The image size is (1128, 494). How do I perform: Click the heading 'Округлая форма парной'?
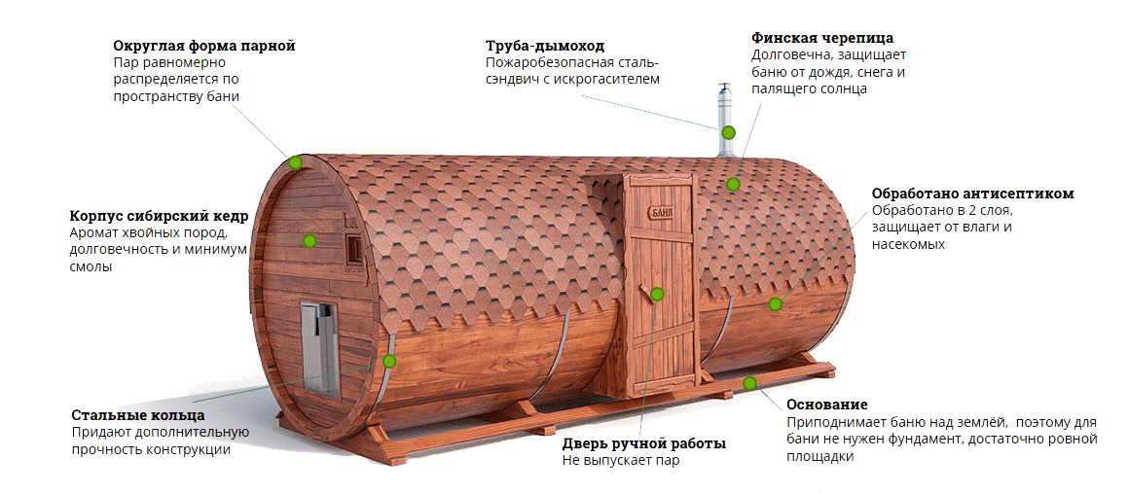click(203, 46)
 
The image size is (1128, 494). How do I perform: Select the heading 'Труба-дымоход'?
click(545, 46)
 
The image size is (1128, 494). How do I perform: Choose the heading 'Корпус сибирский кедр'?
click(159, 216)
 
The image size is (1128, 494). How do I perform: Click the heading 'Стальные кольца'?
click(138, 415)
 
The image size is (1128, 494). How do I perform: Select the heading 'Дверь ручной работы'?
click(643, 443)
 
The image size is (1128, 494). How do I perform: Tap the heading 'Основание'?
click(826, 405)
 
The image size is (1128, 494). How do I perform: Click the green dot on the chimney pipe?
click(728, 132)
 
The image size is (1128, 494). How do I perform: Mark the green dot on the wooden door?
click(657, 294)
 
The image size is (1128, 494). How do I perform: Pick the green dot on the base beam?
click(749, 383)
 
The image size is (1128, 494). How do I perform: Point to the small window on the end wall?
click(352, 248)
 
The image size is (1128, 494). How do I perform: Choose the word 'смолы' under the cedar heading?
click(91, 267)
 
